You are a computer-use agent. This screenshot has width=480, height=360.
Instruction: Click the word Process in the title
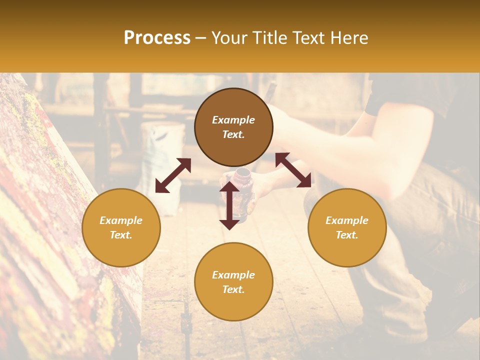tap(157, 38)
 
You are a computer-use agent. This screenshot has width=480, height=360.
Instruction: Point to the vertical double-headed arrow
tap(229, 205)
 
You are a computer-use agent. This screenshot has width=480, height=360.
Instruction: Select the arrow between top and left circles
tap(173, 175)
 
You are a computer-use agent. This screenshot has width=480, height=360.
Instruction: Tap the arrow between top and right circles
tap(293, 170)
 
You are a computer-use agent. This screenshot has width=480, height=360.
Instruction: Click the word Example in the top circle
tap(233, 120)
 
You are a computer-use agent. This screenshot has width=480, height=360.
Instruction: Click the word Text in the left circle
tap(121, 235)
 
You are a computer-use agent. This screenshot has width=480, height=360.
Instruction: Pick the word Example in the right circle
tap(347, 220)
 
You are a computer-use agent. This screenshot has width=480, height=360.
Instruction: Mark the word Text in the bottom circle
tap(233, 289)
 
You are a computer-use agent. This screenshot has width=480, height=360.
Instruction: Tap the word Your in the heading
tap(228, 38)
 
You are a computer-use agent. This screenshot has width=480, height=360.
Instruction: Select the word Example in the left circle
tap(121, 220)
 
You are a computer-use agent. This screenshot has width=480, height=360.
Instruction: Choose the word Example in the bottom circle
tap(233, 275)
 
